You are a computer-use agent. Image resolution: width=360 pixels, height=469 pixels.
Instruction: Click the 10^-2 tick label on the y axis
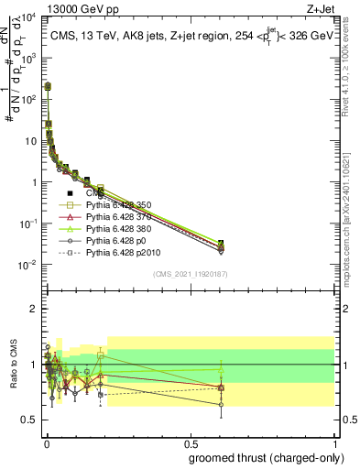click(28, 266)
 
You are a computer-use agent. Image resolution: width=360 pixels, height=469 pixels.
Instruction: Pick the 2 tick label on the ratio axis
click(34, 309)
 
